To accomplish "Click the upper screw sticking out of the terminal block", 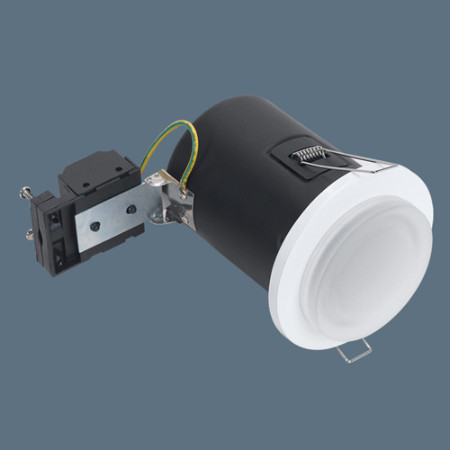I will [x=27, y=192].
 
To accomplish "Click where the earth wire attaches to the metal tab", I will [x=185, y=191].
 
